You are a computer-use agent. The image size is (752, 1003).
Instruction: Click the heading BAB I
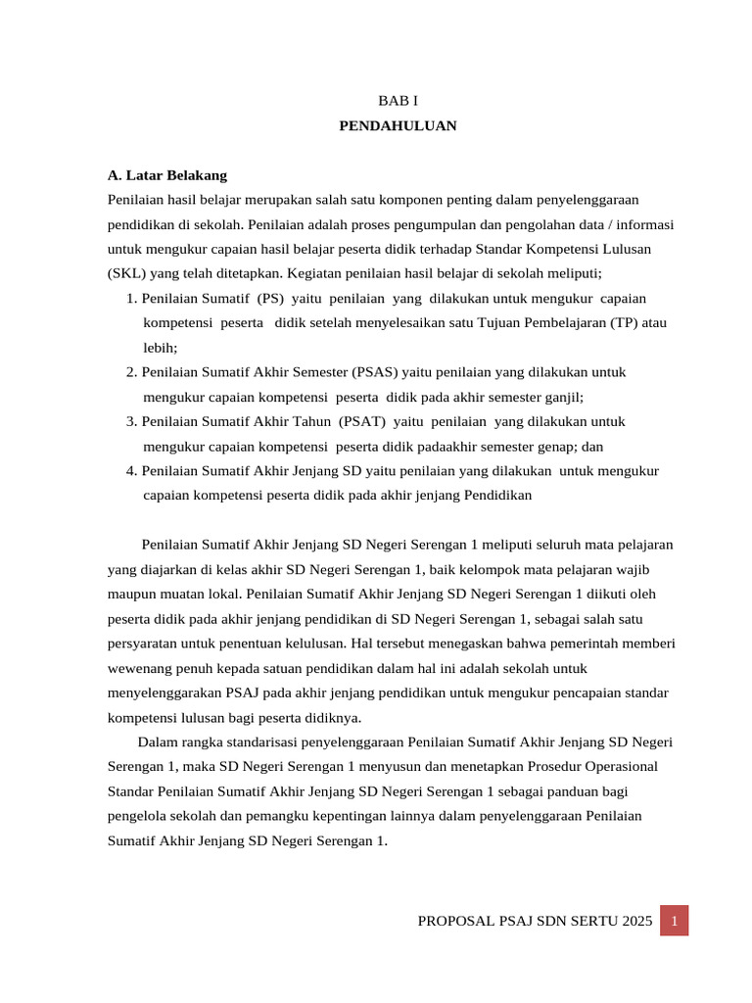point(398,101)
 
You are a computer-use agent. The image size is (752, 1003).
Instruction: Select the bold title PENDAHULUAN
point(398,125)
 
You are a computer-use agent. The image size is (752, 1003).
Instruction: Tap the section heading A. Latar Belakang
point(167,175)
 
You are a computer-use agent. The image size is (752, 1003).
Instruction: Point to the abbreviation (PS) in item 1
point(270,298)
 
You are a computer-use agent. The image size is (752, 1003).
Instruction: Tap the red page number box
point(674,921)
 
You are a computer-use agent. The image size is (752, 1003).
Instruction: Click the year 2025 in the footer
point(636,922)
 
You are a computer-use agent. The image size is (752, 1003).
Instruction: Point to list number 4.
point(130,471)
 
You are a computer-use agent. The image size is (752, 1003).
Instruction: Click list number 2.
point(130,372)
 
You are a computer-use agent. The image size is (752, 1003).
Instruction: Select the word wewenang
point(139,668)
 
